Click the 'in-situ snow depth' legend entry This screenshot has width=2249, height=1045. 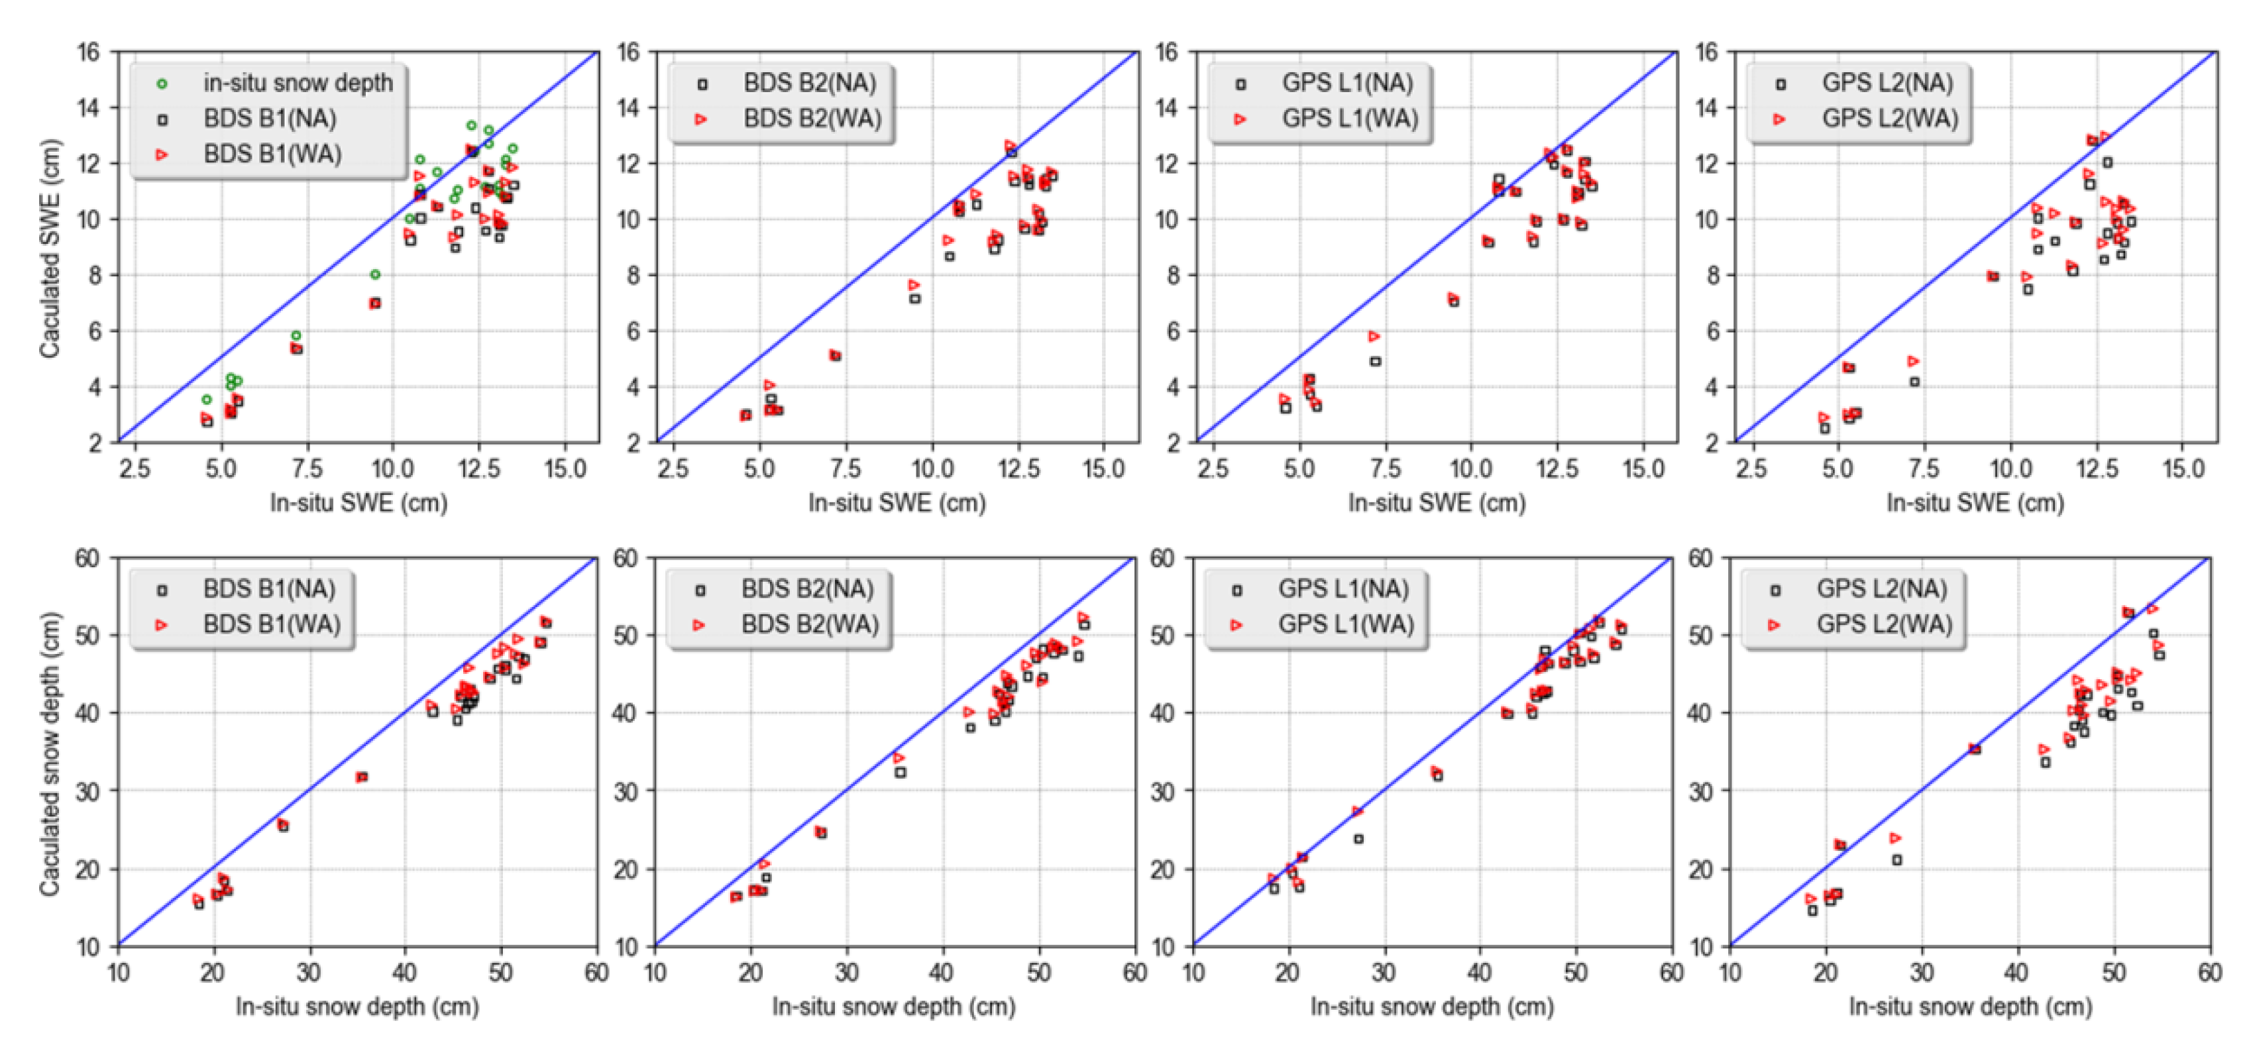297,83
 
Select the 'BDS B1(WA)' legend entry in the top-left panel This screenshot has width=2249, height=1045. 272,154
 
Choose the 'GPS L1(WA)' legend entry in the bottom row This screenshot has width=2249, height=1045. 1344,624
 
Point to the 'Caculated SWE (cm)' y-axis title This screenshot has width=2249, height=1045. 49,248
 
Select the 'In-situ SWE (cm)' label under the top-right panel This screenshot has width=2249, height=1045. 1975,503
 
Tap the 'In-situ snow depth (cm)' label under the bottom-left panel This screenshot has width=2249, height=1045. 357,1007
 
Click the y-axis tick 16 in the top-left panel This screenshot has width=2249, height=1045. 88,52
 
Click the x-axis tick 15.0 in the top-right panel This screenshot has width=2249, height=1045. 2183,468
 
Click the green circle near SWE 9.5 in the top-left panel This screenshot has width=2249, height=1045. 374,274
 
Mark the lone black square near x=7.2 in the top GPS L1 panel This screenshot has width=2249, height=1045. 1375,360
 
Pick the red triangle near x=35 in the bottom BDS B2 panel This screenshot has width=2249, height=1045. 899,758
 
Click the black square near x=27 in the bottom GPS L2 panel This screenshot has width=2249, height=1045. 1896,860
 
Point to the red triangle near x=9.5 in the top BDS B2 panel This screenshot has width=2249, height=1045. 913,284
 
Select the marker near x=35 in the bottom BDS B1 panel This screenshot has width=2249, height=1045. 361,776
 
